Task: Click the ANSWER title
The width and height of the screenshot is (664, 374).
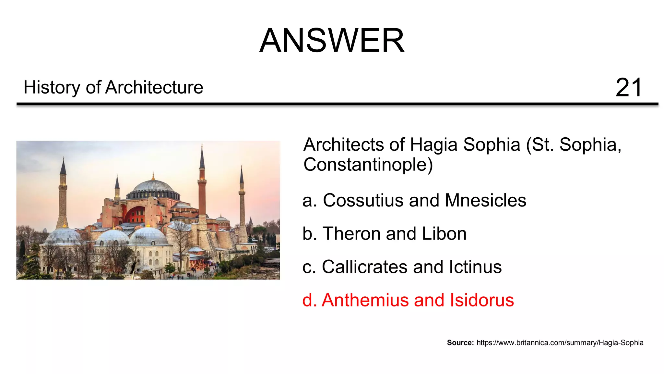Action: (x=332, y=41)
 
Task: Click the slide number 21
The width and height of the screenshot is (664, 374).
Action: (x=628, y=88)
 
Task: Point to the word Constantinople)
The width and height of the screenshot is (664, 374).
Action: (x=368, y=165)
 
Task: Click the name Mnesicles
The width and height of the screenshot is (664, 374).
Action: (x=485, y=200)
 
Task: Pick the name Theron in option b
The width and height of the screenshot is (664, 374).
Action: (x=352, y=234)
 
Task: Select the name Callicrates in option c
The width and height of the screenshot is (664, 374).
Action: (x=365, y=267)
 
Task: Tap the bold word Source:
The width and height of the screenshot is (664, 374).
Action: (x=460, y=343)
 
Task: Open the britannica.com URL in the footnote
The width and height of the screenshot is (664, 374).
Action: (x=560, y=343)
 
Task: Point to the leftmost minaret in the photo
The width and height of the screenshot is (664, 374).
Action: (x=63, y=198)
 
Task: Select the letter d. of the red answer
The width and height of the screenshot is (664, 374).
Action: (x=309, y=300)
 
